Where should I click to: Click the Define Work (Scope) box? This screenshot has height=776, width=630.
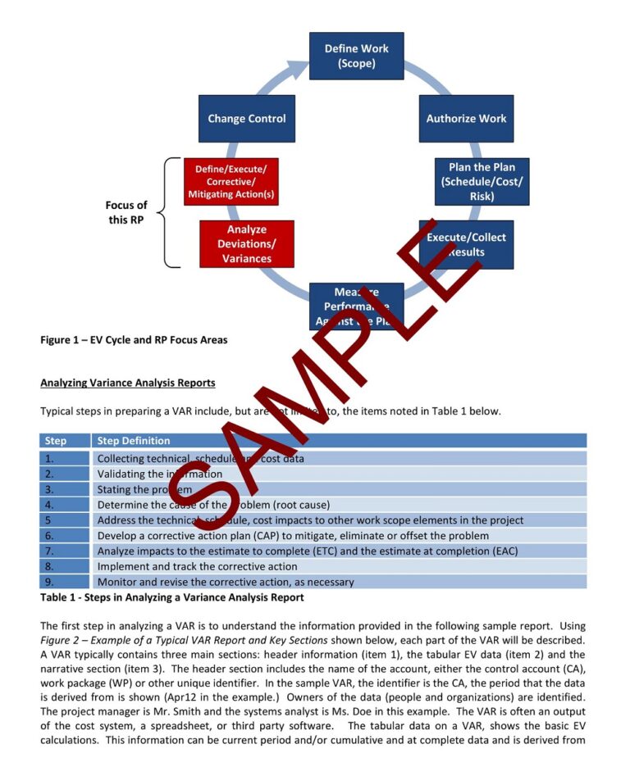[x=356, y=56]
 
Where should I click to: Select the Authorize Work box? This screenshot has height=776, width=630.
[x=466, y=119]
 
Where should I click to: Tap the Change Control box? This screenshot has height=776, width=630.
[x=246, y=119]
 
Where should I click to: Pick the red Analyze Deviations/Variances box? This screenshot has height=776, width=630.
[x=246, y=244]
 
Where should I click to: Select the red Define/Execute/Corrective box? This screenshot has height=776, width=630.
[x=231, y=181]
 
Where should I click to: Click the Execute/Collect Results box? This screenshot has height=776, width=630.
[x=466, y=244]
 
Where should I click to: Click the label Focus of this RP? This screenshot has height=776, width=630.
[x=126, y=212]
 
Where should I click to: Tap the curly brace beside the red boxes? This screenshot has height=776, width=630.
[x=168, y=212]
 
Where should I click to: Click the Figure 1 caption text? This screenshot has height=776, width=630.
[x=134, y=340]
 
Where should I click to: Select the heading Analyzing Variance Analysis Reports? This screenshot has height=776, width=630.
[x=128, y=383]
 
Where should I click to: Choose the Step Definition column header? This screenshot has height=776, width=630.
[x=134, y=441]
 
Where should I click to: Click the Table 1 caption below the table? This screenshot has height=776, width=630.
[x=172, y=597]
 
